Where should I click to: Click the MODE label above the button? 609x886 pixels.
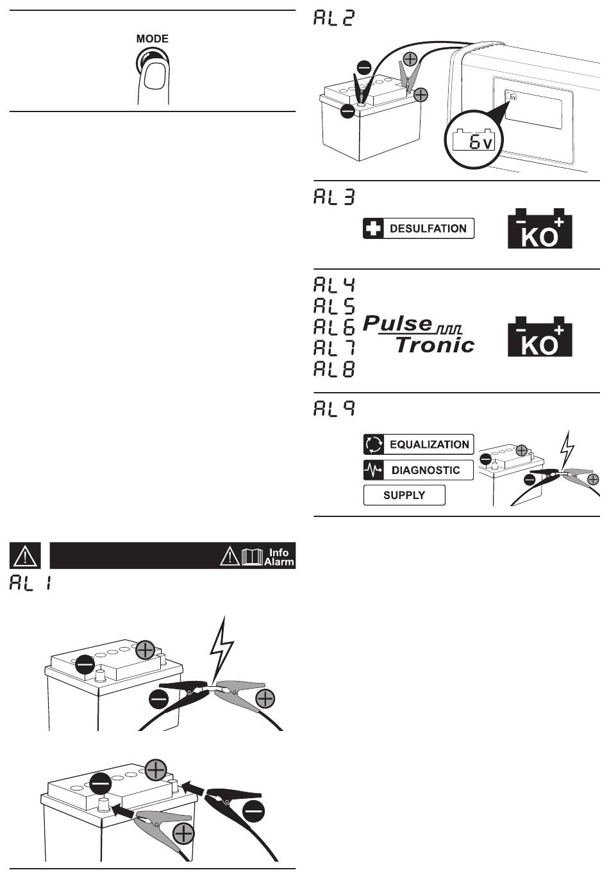tap(153, 39)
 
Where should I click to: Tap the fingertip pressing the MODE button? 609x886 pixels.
tap(154, 76)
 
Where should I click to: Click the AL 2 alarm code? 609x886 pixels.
tap(334, 18)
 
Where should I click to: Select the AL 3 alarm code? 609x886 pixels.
tap(334, 197)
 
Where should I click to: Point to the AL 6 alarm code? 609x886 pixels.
tap(334, 327)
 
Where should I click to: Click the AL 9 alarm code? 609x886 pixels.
tap(334, 409)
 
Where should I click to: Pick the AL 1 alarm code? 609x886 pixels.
tap(31, 582)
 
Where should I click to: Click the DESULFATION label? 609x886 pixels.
tap(428, 229)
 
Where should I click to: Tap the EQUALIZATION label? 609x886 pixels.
tap(430, 445)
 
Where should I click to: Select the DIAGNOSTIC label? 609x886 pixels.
tap(426, 470)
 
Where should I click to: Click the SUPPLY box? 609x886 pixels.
tap(404, 495)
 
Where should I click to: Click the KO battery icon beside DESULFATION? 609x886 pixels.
tap(540, 229)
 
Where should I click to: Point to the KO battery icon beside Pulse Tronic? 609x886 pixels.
tap(540, 336)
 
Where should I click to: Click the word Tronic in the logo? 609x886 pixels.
tap(435, 345)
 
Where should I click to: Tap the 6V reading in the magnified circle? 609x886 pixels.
tap(481, 142)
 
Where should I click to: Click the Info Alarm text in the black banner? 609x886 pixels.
tap(279, 557)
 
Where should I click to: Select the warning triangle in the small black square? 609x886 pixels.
tap(25, 555)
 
